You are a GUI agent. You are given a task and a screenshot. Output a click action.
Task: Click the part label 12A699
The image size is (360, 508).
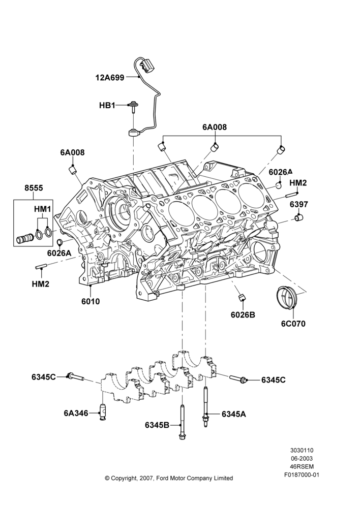coord(110,77)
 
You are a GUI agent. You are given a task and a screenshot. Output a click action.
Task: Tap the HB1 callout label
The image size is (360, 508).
coord(107,105)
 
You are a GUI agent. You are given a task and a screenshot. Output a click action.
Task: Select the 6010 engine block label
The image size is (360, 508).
coord(91,301)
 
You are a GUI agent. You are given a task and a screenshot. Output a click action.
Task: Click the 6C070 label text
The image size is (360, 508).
coord(293,324)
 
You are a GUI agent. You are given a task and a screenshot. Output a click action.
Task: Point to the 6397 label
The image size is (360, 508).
coord(298,204)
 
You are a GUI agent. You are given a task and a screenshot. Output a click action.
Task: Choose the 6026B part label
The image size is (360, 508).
coord(243,314)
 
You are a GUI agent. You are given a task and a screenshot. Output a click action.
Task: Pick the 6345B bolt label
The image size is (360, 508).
coord(157,425)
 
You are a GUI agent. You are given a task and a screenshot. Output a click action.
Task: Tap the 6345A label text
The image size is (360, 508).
coord(234,414)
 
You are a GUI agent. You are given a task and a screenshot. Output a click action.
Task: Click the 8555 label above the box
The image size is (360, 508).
coord(34,188)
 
